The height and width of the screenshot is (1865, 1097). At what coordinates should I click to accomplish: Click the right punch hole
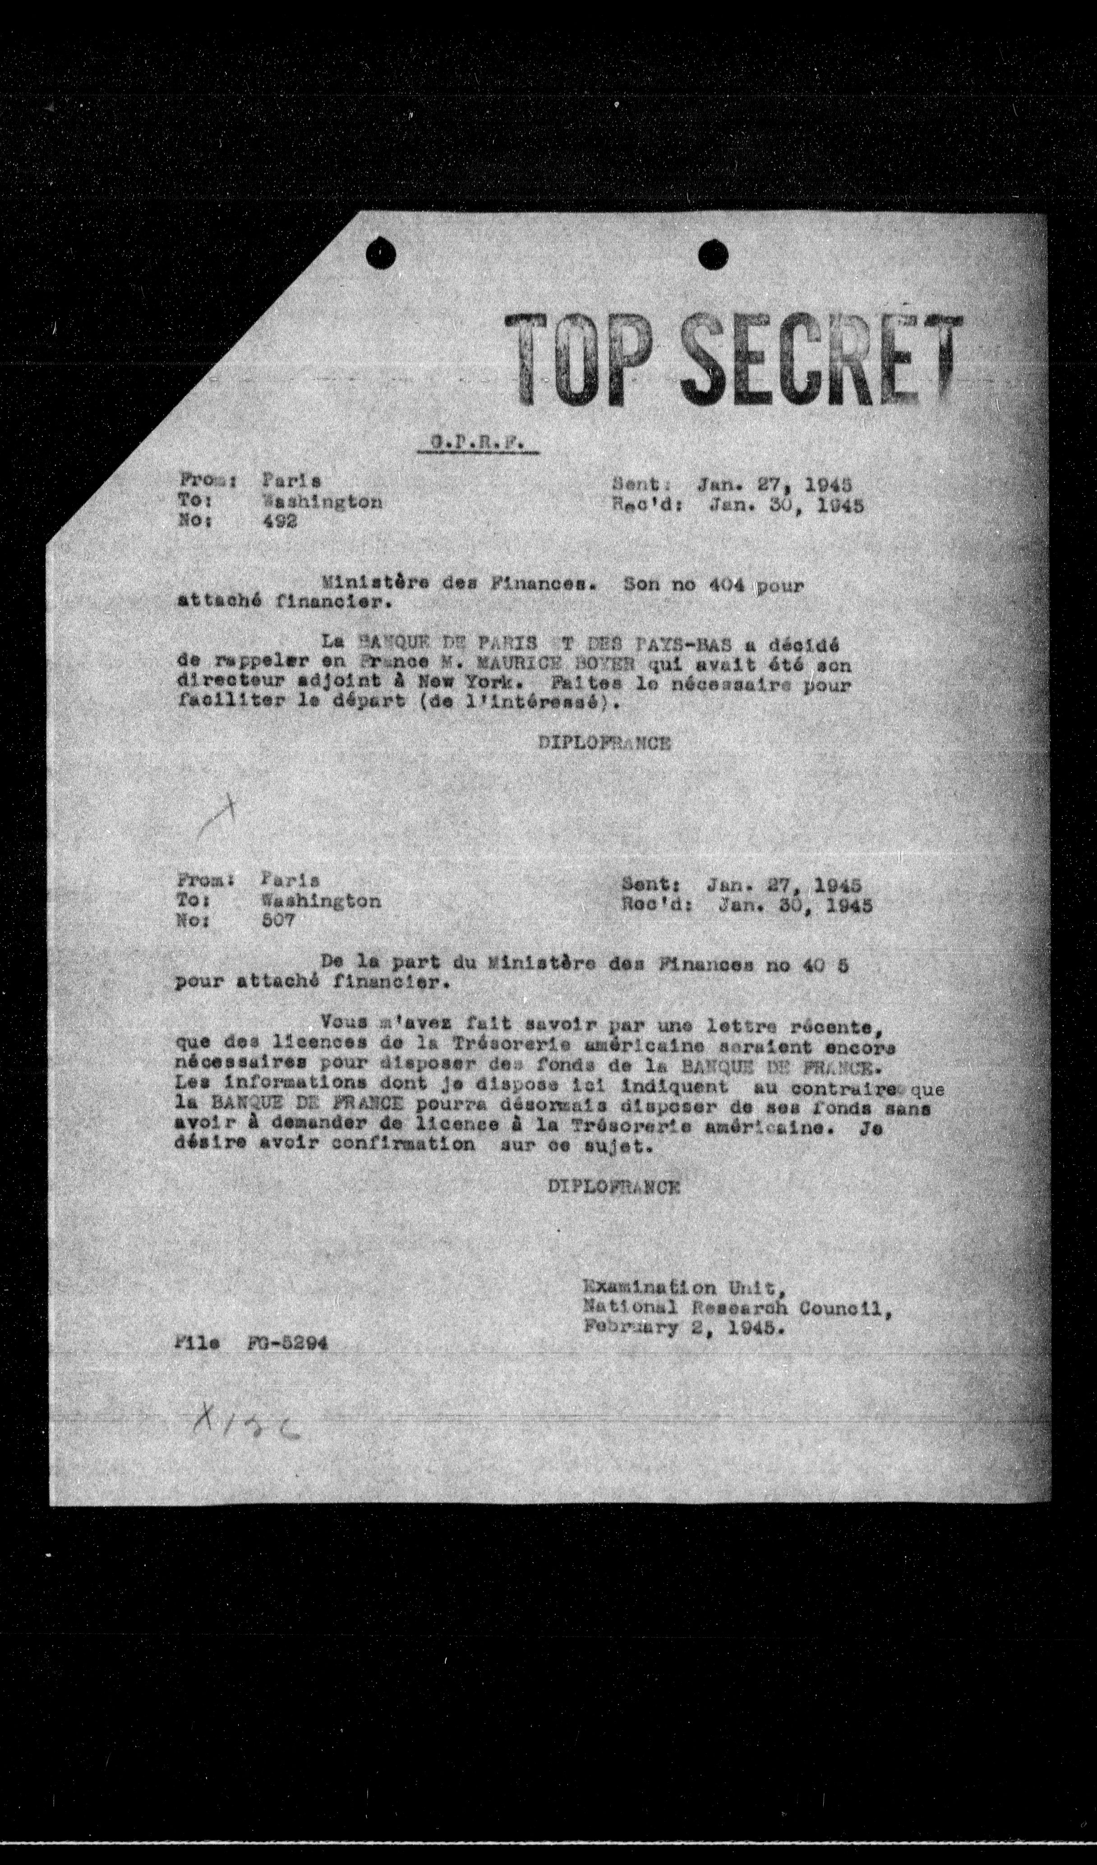click(713, 255)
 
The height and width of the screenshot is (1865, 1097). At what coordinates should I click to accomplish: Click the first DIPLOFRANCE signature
click(605, 744)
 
